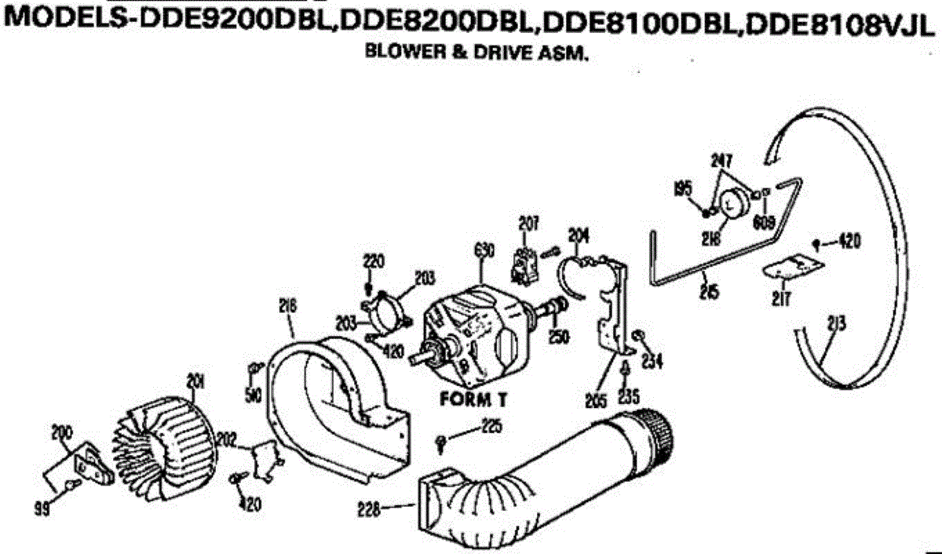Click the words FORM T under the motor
point(473,399)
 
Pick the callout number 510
point(252,395)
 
